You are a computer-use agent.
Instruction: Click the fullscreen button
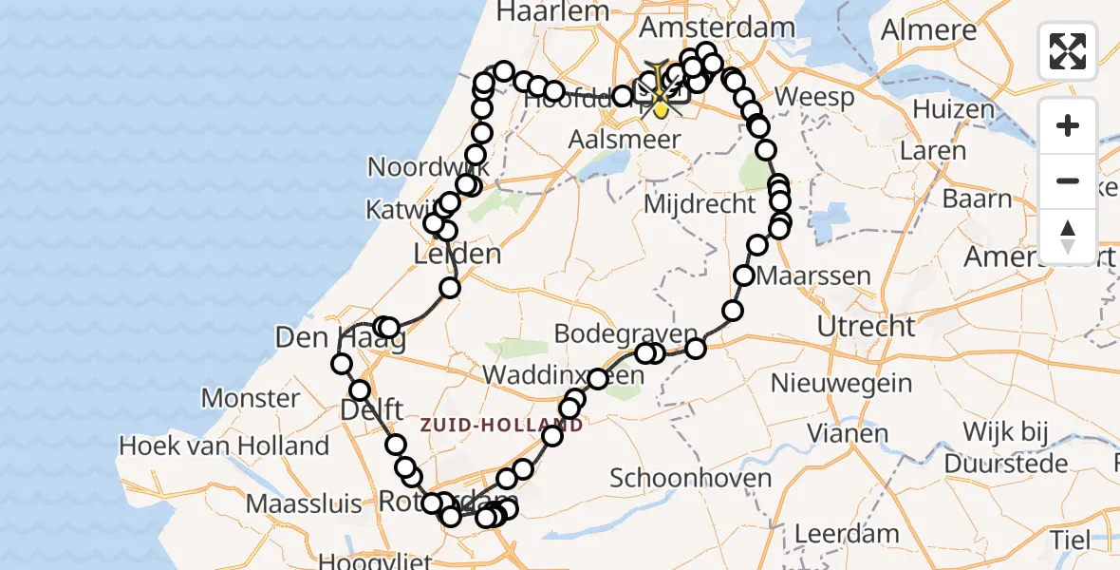[x=1068, y=51]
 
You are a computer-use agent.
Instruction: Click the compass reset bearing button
[x=1068, y=237]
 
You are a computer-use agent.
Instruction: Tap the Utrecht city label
[x=868, y=327]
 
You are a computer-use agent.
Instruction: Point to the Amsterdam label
[x=717, y=28]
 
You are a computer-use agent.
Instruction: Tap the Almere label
[x=928, y=29]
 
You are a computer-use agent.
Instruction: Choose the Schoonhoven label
[x=691, y=477]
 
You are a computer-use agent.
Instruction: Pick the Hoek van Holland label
[x=224, y=446]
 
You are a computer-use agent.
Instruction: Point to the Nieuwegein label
[x=842, y=384]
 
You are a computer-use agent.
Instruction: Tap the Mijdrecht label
[x=700, y=203]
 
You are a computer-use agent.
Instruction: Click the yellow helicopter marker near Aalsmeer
[x=661, y=96]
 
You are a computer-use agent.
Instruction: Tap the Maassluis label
[x=306, y=502]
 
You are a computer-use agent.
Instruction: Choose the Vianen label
[x=848, y=433]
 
